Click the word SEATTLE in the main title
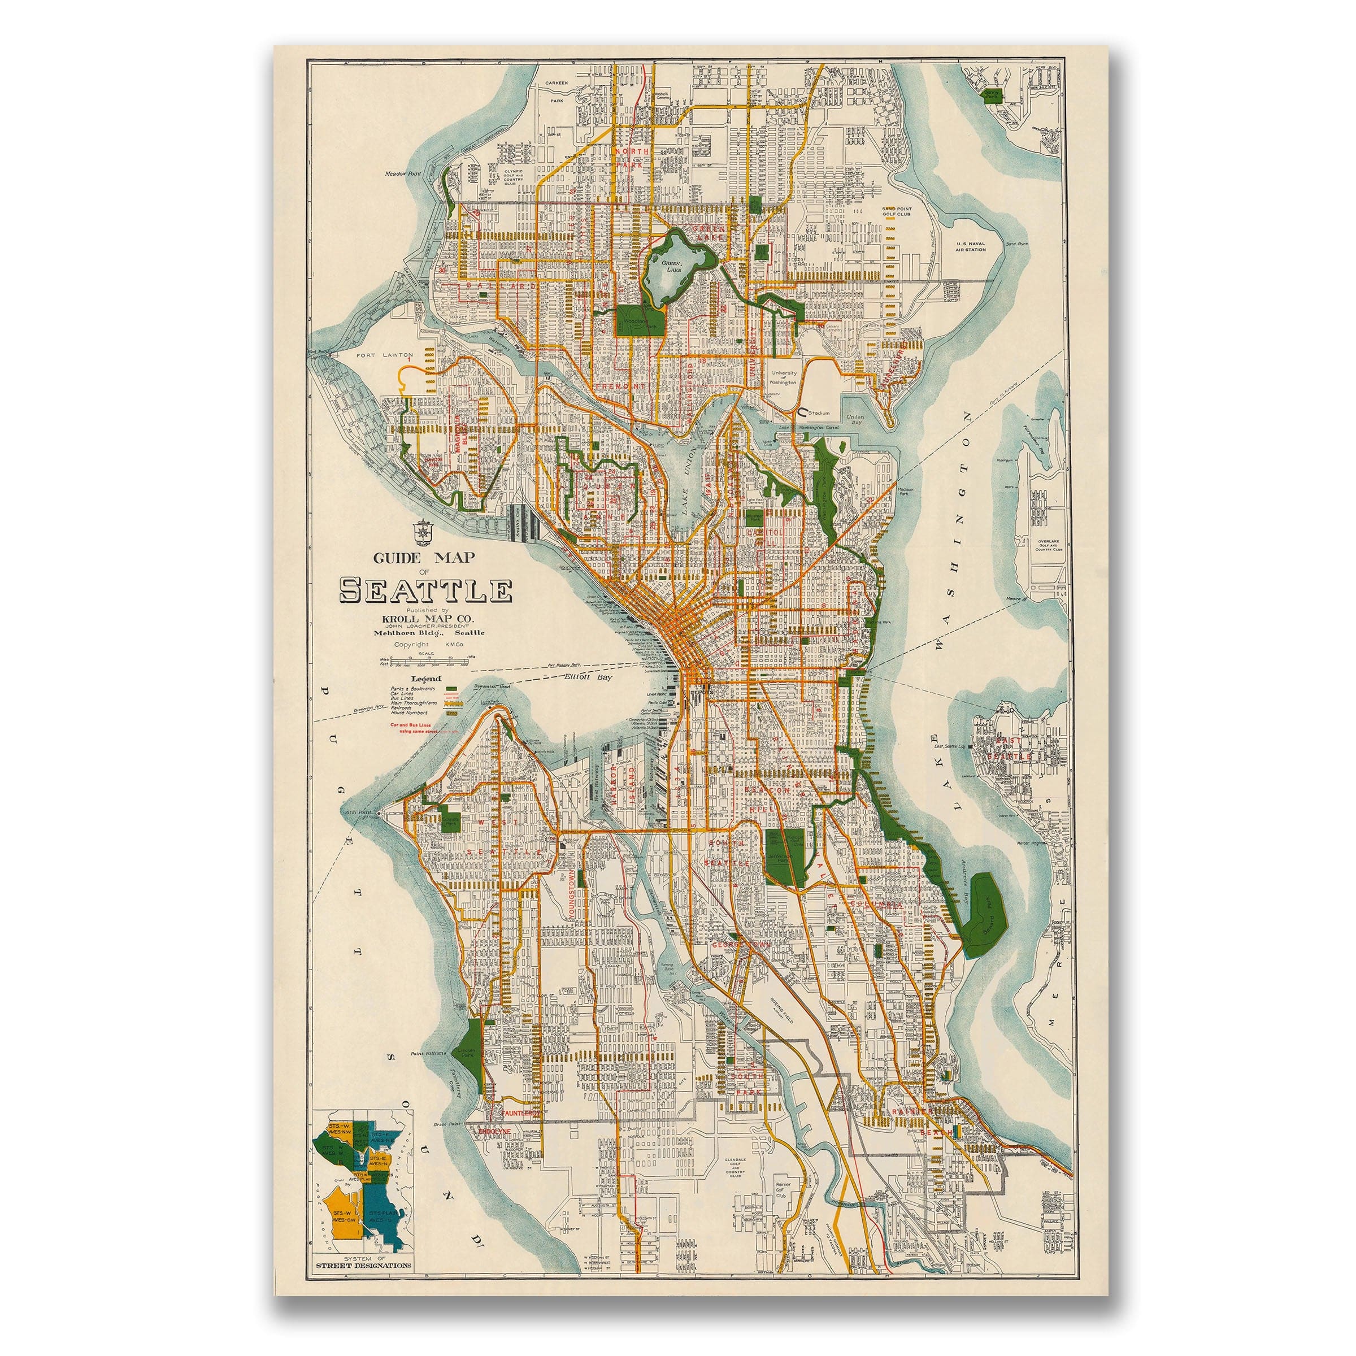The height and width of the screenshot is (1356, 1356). click(x=425, y=590)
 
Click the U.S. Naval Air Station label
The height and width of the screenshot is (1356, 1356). click(x=971, y=246)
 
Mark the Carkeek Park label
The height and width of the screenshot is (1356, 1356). click(x=557, y=92)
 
